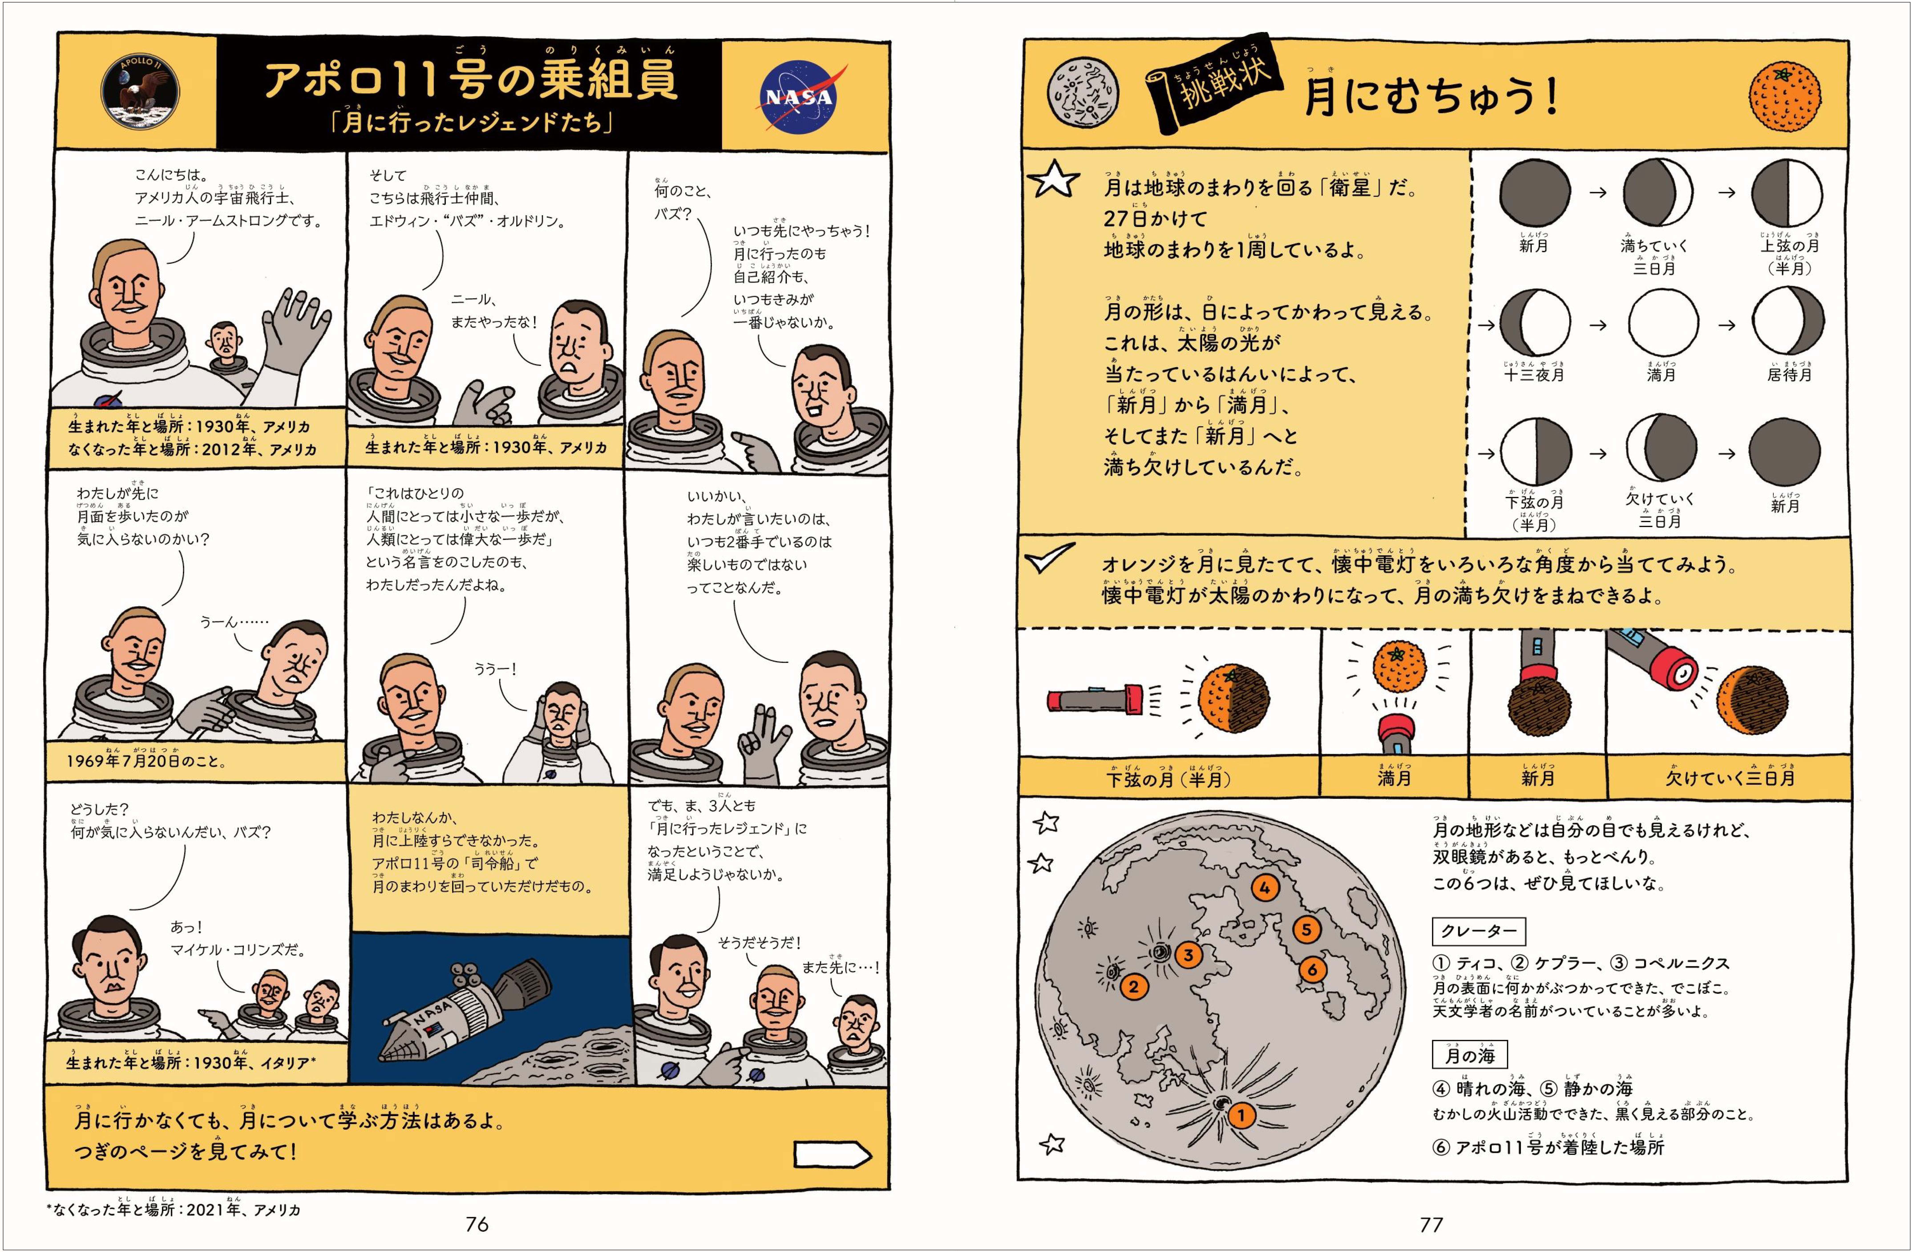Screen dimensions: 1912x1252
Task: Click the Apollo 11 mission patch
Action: (141, 95)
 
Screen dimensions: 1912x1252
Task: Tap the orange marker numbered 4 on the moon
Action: (1265, 888)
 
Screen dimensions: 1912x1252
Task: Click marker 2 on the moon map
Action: (1134, 986)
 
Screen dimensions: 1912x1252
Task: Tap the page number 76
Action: (477, 1224)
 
